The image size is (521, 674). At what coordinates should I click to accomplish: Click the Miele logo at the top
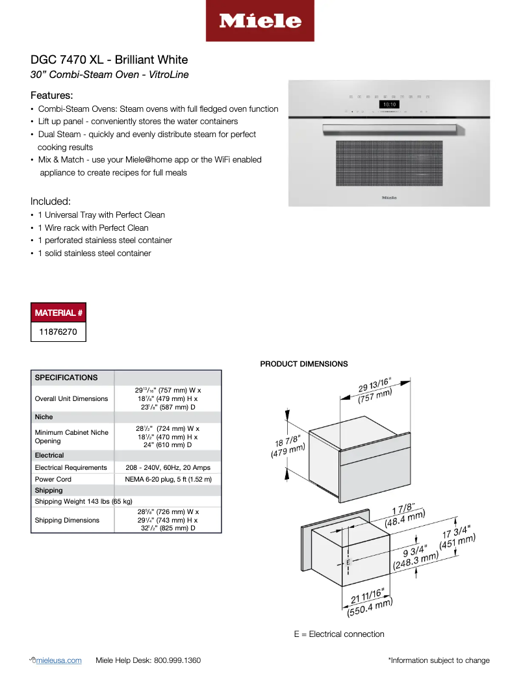[x=260, y=21]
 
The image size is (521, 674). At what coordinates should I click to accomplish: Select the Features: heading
[x=51, y=95]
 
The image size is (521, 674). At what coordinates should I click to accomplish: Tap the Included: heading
[x=51, y=201]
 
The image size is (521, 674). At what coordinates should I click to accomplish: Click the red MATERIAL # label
[x=58, y=313]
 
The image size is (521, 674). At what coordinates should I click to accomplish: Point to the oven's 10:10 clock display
[x=389, y=103]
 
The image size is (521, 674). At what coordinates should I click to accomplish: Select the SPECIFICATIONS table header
[x=66, y=378]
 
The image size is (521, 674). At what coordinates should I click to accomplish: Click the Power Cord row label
[x=53, y=479]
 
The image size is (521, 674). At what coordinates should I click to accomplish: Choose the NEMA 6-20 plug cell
[x=168, y=479]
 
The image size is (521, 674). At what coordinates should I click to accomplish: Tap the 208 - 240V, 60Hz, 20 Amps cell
[x=168, y=467]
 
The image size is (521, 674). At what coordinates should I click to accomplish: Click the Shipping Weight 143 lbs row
[x=83, y=501]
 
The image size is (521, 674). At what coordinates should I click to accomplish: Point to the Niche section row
[x=44, y=417]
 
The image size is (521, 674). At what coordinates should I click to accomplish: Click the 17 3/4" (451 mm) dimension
[x=458, y=535]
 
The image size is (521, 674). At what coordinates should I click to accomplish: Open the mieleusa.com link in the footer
[x=60, y=660]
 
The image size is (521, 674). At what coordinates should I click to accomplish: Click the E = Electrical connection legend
[x=338, y=634]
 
